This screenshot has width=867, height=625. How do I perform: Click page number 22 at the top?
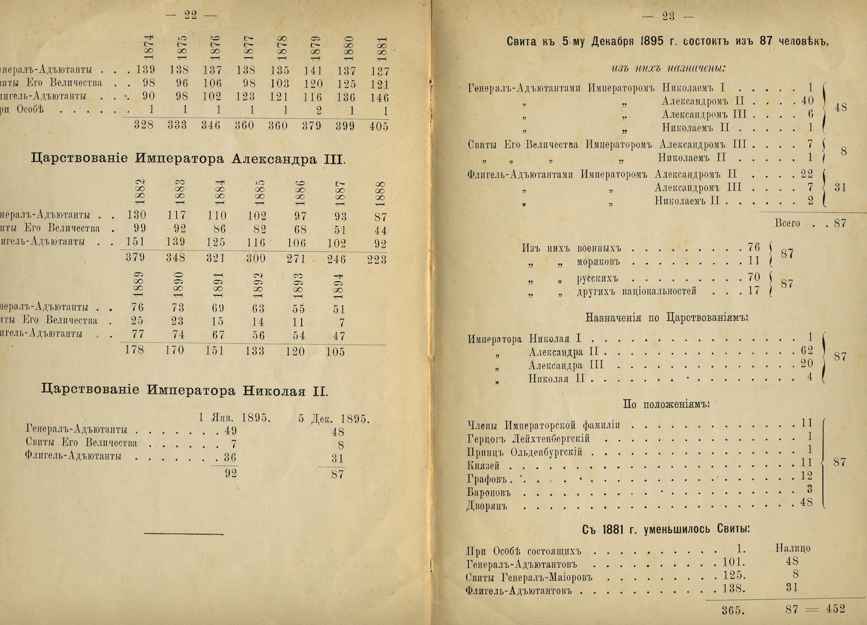click(x=191, y=15)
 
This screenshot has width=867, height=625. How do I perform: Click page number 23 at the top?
click(x=668, y=16)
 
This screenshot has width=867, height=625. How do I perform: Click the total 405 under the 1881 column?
click(x=378, y=126)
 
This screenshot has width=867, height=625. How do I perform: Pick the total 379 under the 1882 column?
click(x=135, y=257)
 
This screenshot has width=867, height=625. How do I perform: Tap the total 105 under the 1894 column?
click(x=335, y=351)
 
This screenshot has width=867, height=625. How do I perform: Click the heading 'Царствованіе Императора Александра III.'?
click(x=188, y=159)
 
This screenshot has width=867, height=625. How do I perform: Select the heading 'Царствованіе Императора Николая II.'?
click(x=184, y=391)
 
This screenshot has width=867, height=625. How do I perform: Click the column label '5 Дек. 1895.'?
click(x=333, y=418)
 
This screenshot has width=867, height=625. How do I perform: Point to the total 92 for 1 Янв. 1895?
click(x=231, y=473)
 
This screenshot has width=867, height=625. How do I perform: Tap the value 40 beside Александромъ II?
click(x=807, y=101)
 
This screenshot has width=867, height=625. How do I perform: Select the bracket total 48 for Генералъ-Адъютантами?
click(x=841, y=107)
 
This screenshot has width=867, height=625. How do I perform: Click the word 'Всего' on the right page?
click(x=787, y=223)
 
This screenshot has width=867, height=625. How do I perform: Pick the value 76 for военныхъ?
click(x=753, y=247)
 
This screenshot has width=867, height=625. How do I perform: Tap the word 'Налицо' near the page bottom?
click(x=793, y=548)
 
